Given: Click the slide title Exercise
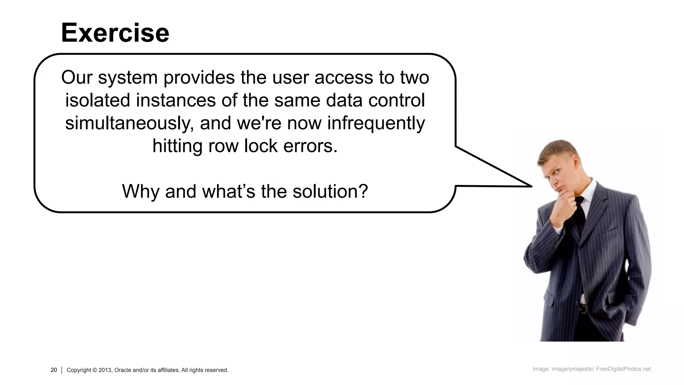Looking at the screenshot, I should click(115, 33).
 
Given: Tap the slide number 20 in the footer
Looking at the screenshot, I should click(54, 370).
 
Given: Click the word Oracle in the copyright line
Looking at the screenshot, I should click(123, 370).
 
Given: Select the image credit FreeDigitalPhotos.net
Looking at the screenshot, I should click(623, 369).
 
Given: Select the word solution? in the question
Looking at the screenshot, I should click(330, 191).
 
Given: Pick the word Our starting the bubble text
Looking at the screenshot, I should click(76, 77).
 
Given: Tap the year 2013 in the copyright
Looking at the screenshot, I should click(105, 370).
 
